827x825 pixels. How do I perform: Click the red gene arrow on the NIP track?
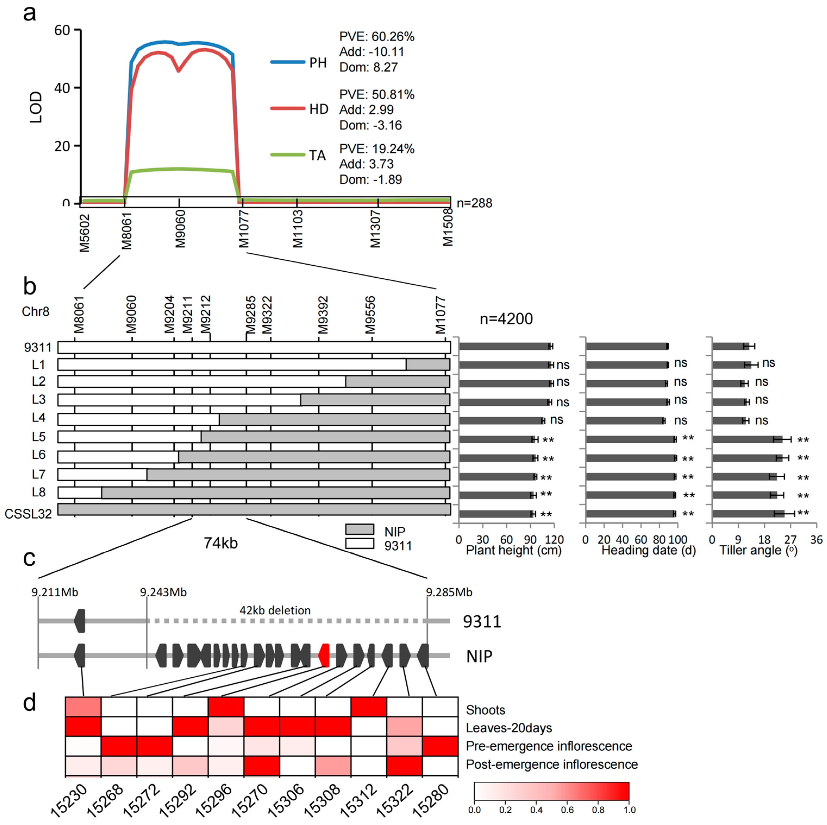coord(324,655)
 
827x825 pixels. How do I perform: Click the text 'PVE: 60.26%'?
coord(377,37)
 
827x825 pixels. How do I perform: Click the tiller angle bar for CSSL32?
coord(748,514)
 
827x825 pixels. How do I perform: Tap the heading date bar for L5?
coord(631,439)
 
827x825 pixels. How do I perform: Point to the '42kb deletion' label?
coord(275,610)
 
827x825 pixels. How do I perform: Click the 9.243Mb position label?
coord(164,592)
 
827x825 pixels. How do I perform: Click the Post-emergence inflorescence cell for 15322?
coord(405,765)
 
